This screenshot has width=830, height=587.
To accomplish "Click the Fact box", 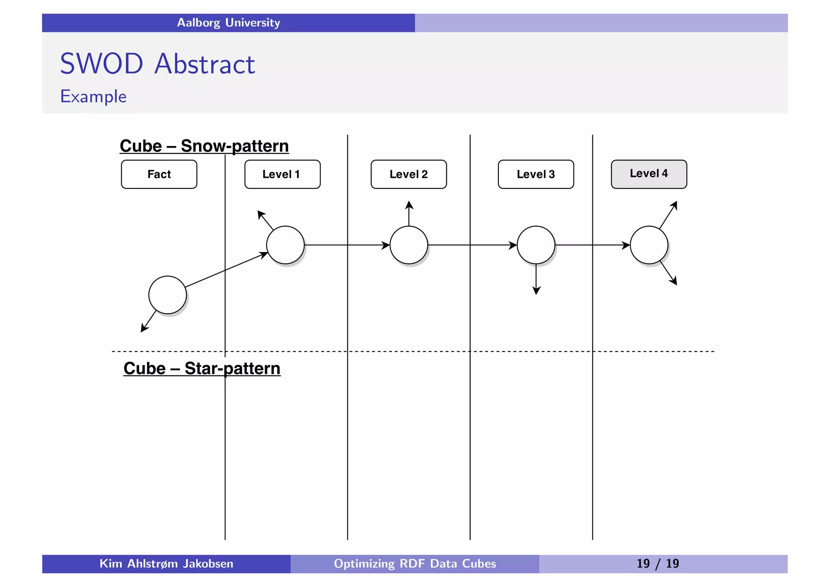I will pos(159,174).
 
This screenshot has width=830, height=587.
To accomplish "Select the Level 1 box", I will pos(282,174).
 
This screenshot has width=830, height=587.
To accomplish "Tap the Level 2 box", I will pos(409,174).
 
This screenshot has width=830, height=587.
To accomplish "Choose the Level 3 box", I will pos(536,174).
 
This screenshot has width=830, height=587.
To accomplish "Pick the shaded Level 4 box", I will pos(649,174).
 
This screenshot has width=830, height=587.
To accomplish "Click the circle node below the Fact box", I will pos(167,295).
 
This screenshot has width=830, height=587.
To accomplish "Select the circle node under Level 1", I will pos(285,245).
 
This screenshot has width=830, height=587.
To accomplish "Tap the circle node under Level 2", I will pos(409,245).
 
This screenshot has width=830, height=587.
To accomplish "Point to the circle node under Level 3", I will pos(536,245).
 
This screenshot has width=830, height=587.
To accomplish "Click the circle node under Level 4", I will pos(649,245).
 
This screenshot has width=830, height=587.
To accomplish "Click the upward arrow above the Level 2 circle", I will pos(409,213).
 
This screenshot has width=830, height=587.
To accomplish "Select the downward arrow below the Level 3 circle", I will pos(536,280).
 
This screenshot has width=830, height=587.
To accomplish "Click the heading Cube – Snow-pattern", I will pos(204,146).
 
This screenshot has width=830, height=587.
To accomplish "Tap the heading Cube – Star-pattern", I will pos(202,368).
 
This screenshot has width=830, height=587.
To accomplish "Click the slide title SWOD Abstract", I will pos(157,64).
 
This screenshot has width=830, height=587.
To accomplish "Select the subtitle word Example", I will pos(93,96).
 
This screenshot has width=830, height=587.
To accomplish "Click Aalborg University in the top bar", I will pos(229,23).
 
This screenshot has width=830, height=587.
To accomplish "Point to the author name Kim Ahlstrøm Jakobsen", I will pos(166,563).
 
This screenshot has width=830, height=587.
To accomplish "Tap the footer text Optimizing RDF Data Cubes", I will pos(415,563).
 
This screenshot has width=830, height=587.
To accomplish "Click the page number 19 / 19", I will pos(657,563).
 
